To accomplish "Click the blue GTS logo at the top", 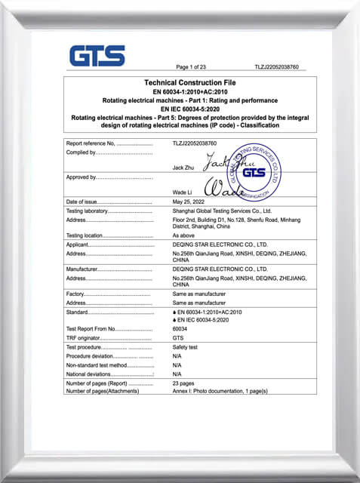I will [x=97, y=56].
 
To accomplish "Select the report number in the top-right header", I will [x=277, y=67].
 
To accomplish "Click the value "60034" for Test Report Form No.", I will [x=180, y=329].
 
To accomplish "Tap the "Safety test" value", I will [x=185, y=347].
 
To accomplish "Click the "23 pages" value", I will [x=183, y=383].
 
